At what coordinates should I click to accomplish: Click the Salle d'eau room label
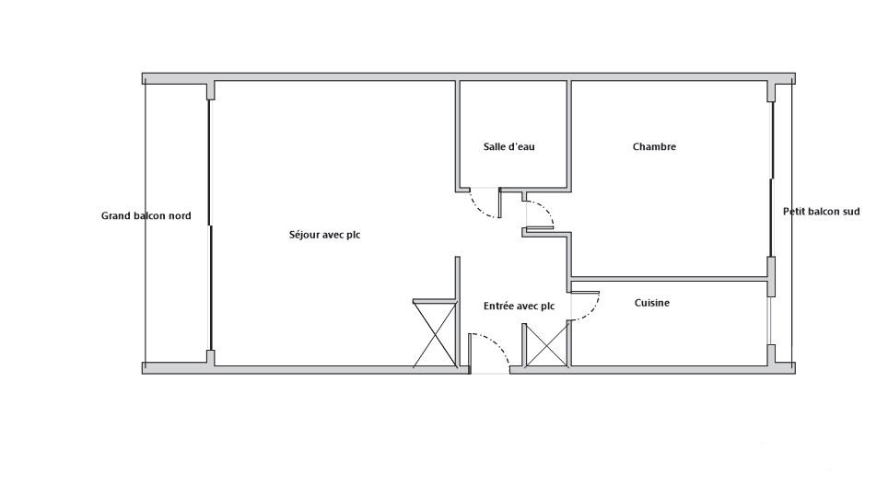(508, 146)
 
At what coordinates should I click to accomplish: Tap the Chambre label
(654, 146)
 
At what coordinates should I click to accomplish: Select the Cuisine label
(652, 303)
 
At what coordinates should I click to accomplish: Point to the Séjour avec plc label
(324, 235)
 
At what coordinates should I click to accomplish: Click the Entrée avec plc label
(519, 307)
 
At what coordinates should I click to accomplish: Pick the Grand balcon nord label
(146, 215)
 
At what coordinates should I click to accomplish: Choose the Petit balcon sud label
(821, 212)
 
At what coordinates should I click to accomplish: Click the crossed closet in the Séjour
(435, 333)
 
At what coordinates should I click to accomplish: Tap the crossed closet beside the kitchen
(546, 344)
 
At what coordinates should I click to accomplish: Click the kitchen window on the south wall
(770, 320)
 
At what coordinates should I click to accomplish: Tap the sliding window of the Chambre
(771, 180)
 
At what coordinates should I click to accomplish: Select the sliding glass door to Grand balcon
(210, 226)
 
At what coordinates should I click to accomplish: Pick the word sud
(852, 212)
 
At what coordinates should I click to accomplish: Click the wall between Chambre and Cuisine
(669, 279)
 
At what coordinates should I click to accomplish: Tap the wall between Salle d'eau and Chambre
(569, 134)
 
